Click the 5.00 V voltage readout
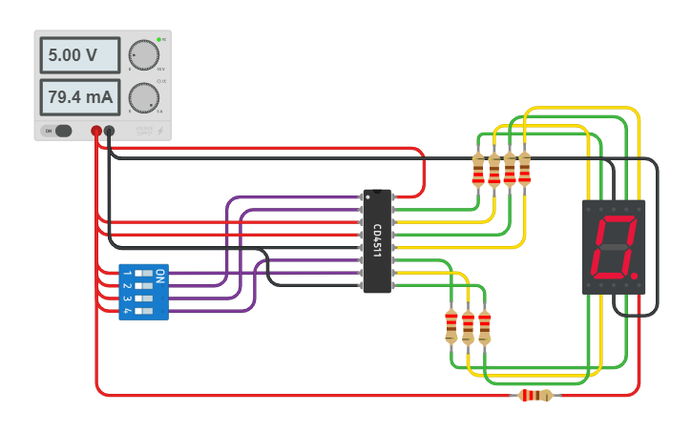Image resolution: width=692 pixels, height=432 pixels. point(79,55)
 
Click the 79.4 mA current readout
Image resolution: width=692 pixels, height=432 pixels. point(79,97)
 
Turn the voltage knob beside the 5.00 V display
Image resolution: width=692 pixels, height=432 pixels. point(144,55)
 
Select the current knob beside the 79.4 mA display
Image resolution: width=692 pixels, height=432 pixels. point(144,97)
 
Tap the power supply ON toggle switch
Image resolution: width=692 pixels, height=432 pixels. point(61,131)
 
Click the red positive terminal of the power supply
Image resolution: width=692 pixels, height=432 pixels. point(96,131)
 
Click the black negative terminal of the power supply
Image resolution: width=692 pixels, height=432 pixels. point(110,131)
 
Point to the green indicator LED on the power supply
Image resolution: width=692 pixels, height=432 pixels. point(158,40)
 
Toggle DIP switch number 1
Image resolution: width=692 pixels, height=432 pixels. point(144,273)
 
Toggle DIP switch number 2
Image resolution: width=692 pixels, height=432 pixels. point(144,285)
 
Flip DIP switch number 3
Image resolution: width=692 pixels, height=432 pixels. point(144,298)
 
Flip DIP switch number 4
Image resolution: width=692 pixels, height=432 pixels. point(144,311)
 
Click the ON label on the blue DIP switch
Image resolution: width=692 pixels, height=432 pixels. point(160,276)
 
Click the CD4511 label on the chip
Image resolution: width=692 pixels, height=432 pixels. point(377,240)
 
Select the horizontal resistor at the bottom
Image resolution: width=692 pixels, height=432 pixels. point(535,395)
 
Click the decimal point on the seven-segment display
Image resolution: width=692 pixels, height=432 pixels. point(634,278)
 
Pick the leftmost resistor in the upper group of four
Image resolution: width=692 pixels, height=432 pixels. point(478,171)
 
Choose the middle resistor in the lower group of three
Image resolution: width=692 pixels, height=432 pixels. point(468,326)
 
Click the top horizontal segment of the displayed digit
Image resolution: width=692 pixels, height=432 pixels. point(615,220)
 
